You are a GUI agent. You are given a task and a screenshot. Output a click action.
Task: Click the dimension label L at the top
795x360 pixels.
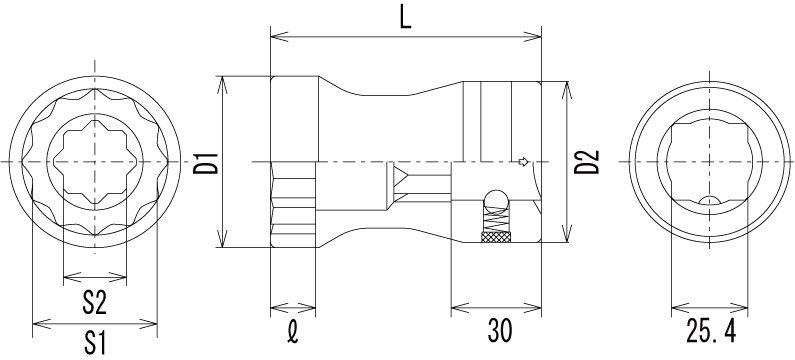[405, 18]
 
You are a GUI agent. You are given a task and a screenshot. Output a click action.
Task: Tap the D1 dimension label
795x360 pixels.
[205, 162]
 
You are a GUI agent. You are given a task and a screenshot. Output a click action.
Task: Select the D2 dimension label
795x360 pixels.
[587, 162]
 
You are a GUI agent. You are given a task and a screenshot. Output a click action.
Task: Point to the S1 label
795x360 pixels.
[95, 343]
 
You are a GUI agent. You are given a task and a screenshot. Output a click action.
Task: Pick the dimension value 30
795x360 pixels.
[500, 331]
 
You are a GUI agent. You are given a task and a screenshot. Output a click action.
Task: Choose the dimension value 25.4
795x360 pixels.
[710, 331]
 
